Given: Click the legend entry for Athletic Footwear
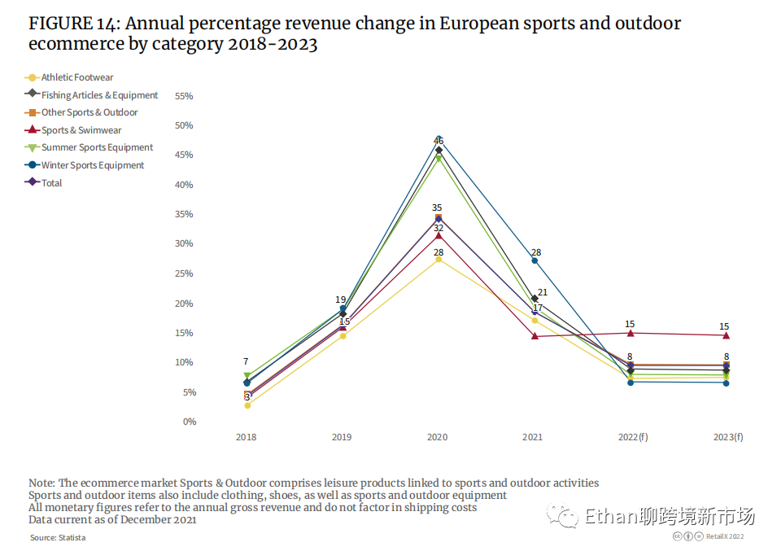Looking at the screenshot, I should click(77, 77).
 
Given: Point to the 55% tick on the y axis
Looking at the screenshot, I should click(184, 96).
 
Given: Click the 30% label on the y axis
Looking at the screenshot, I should click(184, 244).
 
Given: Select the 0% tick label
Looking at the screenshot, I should click(189, 422).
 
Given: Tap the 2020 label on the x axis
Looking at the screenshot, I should click(437, 437).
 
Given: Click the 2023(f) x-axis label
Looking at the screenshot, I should click(727, 437).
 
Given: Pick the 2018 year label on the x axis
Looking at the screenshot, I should click(246, 437).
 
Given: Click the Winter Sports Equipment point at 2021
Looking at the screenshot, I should click(534, 260).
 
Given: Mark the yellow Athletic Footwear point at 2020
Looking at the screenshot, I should click(438, 259).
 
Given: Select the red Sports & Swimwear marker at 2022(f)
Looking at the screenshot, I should click(630, 333).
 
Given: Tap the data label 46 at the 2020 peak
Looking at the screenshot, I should click(438, 141).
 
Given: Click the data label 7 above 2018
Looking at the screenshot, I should click(246, 361).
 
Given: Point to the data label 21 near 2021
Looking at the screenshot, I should click(542, 292).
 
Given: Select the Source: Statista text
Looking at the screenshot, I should click(58, 537).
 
